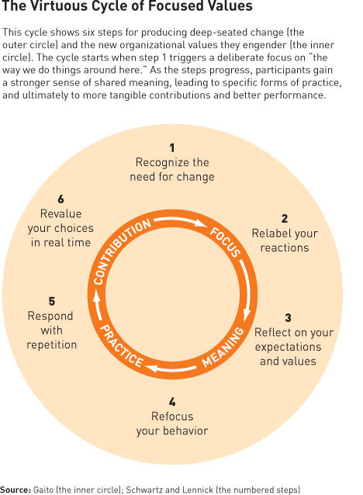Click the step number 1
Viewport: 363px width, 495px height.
[x=172, y=147]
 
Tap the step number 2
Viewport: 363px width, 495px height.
[x=285, y=219]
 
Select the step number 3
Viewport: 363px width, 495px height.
[x=288, y=318]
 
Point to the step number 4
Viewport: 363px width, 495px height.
[x=172, y=402]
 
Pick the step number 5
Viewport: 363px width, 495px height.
[x=52, y=302]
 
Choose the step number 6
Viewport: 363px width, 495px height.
[x=60, y=199]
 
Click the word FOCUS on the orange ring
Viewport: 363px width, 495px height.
[x=226, y=241]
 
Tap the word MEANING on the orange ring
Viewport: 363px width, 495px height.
[x=223, y=348]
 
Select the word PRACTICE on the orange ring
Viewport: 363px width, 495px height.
[x=122, y=346]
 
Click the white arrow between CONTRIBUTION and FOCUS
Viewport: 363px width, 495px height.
[x=181, y=220]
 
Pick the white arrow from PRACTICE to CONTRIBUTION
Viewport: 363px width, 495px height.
[x=97, y=306]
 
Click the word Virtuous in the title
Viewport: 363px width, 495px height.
[x=52, y=6]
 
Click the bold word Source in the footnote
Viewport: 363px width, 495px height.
[x=16, y=490]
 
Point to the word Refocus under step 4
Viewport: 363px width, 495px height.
[x=172, y=417]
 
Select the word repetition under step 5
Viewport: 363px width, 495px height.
[x=52, y=344]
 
